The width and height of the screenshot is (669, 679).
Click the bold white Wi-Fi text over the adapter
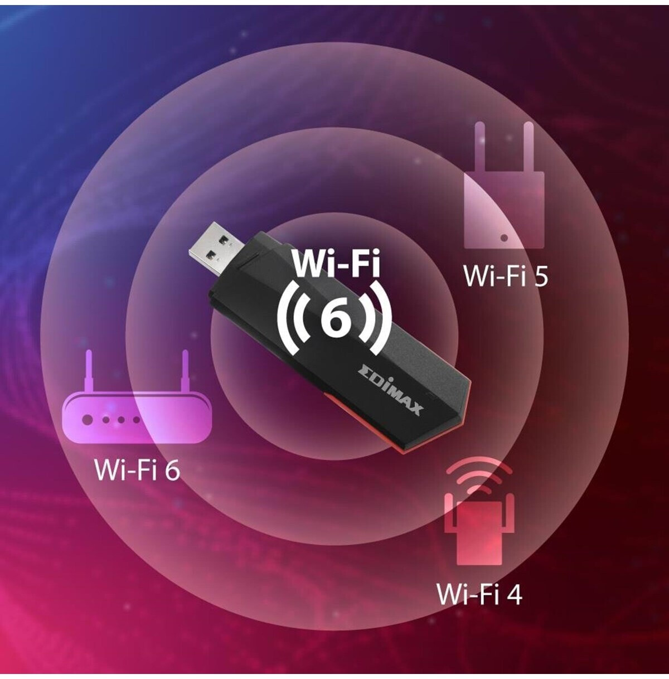point(336,264)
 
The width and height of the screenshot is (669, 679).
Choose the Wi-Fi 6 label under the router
point(138,469)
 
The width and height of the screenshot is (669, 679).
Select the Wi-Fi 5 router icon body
point(504,209)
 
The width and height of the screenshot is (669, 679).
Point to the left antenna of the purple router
point(88,371)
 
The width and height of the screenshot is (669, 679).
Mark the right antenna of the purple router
point(183,371)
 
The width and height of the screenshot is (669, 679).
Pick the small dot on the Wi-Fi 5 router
point(504,237)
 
